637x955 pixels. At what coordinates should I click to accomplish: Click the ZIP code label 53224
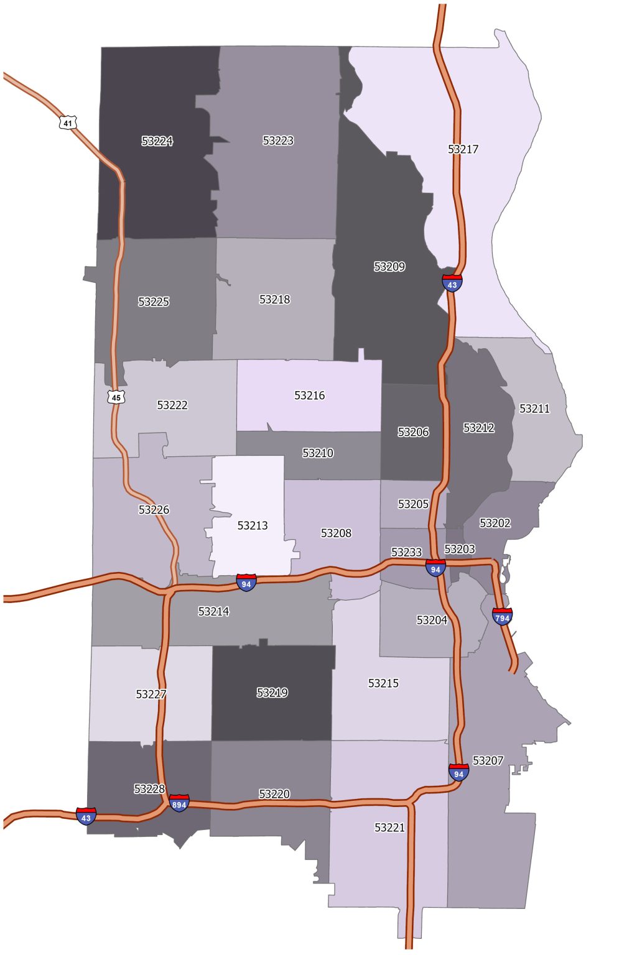coord(157,141)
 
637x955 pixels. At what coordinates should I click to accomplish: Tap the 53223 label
coord(277,141)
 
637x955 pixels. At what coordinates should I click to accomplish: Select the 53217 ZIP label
coord(463,149)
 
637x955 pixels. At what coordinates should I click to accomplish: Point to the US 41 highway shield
coord(68,122)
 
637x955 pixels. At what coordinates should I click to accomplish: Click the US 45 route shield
coord(116,397)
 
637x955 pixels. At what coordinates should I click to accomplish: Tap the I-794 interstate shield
coord(502,616)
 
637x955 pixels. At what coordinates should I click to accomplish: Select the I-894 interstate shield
coord(179,803)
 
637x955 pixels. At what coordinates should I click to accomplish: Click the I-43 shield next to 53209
coord(452,283)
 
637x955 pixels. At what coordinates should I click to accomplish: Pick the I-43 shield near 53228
coord(86,816)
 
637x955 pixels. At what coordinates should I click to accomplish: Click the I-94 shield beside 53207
coord(458,772)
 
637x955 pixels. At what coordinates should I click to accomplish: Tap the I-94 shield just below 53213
coord(246,583)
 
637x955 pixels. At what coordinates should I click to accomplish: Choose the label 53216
coord(309,395)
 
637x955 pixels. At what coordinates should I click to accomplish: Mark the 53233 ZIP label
coord(406,552)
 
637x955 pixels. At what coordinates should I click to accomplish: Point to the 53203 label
coord(460,549)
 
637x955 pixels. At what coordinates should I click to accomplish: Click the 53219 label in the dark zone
coord(272,693)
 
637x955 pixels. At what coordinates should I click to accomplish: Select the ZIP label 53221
coord(389,828)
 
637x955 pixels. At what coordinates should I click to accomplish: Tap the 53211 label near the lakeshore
coord(534,408)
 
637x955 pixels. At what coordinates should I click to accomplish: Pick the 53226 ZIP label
coord(154,510)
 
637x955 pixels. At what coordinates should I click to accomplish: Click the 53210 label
coord(317,453)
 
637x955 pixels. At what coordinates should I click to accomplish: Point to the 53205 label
coord(413,504)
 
